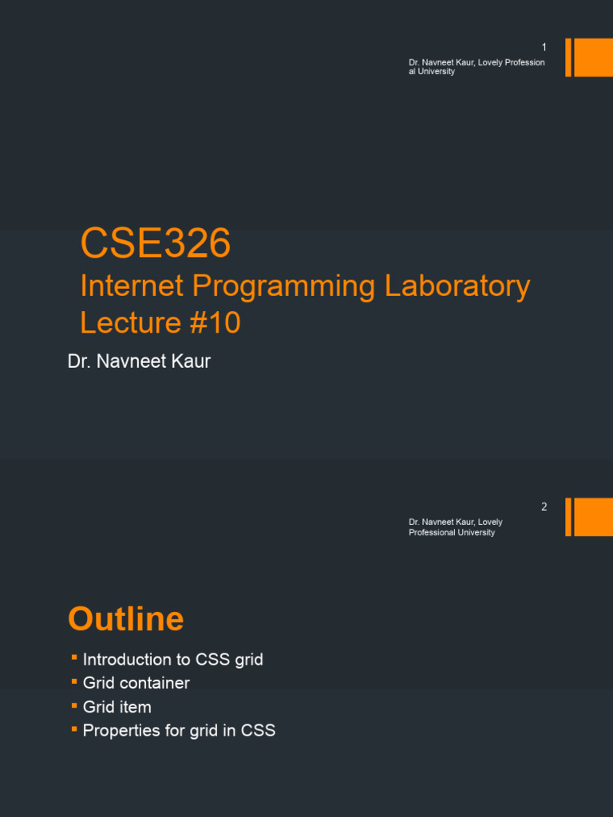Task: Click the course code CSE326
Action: click(156, 243)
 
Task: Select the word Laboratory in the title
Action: click(457, 286)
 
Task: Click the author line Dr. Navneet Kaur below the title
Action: click(139, 361)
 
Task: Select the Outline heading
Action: click(126, 619)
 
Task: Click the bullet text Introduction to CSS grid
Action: click(172, 660)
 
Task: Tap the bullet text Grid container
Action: click(136, 683)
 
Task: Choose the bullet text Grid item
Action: click(117, 707)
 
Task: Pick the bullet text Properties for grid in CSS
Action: click(179, 730)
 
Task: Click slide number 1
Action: click(544, 48)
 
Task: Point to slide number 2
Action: click(544, 507)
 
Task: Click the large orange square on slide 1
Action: click(593, 57)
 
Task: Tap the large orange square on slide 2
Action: click(593, 517)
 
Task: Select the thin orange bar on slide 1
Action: click(568, 57)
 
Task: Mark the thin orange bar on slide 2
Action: click(568, 517)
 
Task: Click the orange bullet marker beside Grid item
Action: click(73, 705)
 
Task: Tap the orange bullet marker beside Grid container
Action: click(73, 681)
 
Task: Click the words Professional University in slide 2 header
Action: click(452, 532)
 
